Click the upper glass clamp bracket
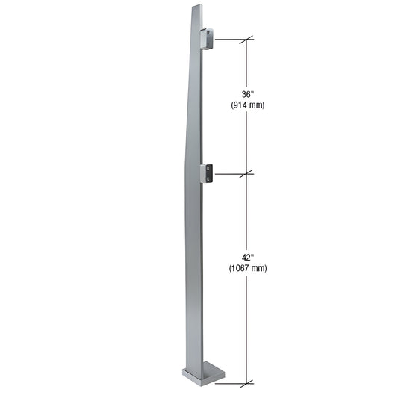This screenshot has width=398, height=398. point(207,38)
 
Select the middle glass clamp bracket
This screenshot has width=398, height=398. point(208,173)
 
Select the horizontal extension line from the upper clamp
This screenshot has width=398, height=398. point(231,39)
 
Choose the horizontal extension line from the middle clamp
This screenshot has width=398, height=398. point(231,174)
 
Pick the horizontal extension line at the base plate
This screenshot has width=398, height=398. point(231,384)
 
